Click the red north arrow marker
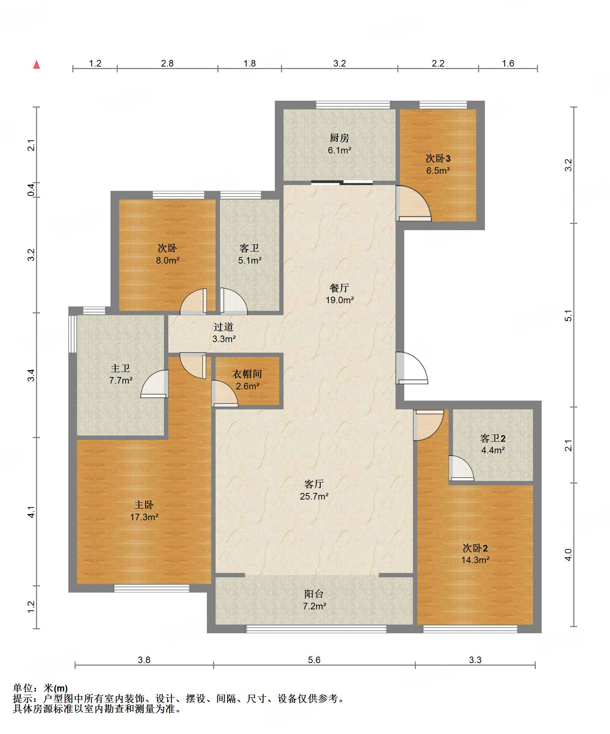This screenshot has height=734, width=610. (36, 65)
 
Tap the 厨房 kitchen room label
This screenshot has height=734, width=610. (339, 138)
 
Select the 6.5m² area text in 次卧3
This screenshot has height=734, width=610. (438, 171)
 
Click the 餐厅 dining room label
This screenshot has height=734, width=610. (339, 288)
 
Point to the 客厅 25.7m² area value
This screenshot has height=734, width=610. (314, 496)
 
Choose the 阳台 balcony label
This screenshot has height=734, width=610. (314, 594)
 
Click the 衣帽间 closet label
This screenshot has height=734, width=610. (247, 374)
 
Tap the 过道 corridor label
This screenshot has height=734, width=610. (223, 327)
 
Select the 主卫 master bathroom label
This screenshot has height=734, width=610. (120, 368)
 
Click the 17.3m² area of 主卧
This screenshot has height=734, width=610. (144, 517)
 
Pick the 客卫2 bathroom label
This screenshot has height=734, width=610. (493, 438)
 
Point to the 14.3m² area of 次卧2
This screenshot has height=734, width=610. (475, 560)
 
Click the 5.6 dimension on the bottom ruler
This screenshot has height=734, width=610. (314, 660)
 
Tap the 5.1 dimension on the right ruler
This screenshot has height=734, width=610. (568, 316)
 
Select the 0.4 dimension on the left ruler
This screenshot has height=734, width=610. (32, 190)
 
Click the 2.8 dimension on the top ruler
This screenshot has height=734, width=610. (167, 63)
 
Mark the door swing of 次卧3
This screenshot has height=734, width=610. (413, 204)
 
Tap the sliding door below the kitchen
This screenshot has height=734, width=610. (342, 183)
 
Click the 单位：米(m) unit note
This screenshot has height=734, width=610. (40, 688)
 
